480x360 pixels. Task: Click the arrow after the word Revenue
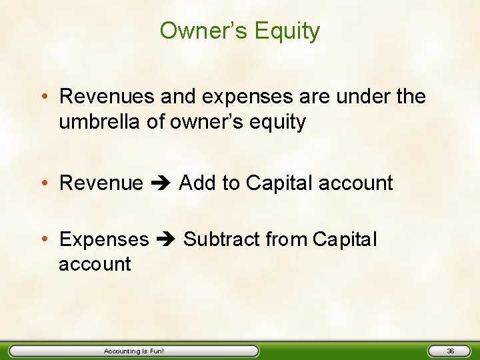[161, 183]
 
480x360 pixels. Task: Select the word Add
[197, 183]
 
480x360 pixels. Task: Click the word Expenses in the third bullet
[104, 239]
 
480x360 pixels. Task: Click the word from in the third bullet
[287, 239]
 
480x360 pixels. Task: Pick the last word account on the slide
[95, 264]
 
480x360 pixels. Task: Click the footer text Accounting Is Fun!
[133, 351]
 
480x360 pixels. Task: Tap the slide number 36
[450, 351]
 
